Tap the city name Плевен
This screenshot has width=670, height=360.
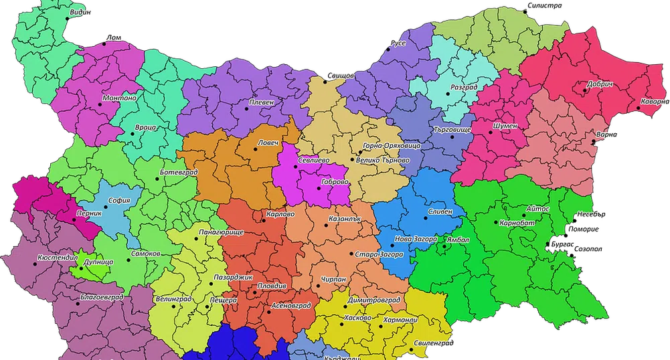click(260, 102)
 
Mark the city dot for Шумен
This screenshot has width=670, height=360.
click(491, 132)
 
